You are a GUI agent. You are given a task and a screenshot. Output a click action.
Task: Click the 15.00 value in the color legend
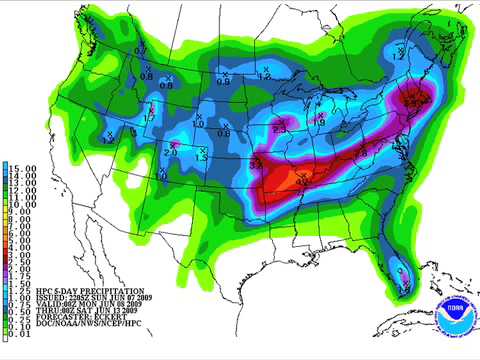click(23, 167)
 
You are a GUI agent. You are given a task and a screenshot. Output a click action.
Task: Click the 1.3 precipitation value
click(201, 158)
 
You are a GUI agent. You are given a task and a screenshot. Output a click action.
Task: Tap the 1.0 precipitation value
click(197, 123)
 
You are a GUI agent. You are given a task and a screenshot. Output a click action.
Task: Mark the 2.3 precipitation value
click(279, 128)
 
